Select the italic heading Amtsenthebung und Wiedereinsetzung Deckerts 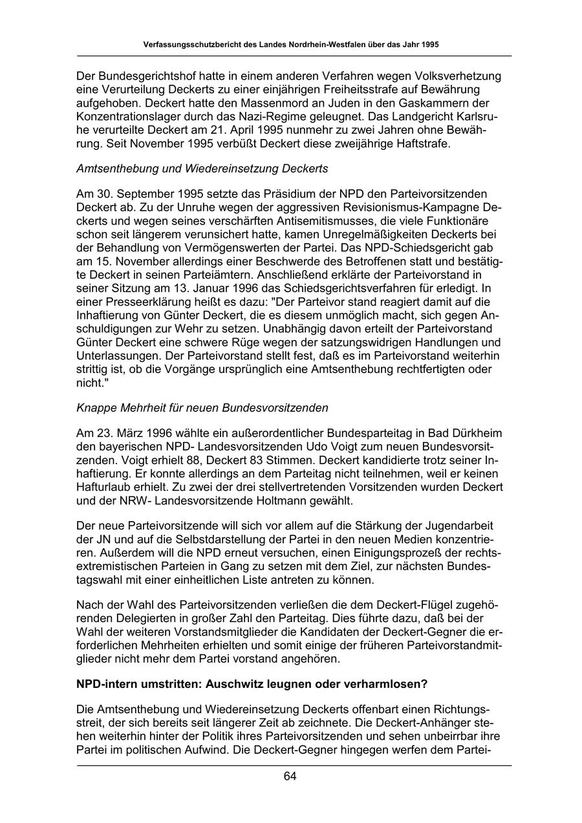click(x=202, y=169)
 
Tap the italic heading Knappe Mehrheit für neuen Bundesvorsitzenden click(x=202, y=408)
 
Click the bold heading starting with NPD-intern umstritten click(x=252, y=683)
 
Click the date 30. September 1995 click(x=147, y=194)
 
